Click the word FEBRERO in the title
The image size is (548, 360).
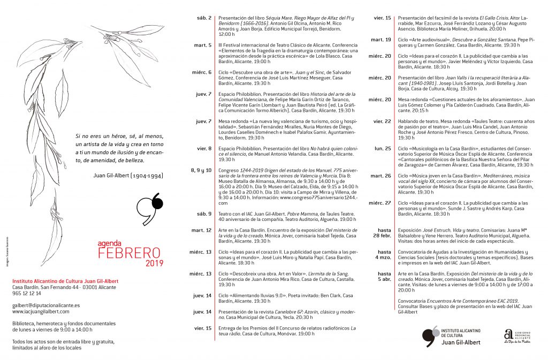click(130, 252)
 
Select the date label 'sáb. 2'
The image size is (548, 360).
click(203, 18)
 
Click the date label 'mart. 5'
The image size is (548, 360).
click(203, 45)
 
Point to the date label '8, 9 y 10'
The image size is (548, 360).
click(201, 170)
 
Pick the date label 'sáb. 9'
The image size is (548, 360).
click(203, 213)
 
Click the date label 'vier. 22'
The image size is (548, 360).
click(382, 121)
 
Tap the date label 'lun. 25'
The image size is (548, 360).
click(383, 148)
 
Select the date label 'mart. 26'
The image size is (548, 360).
click(380, 175)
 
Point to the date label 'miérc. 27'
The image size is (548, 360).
click(379, 203)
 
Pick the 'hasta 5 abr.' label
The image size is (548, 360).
click(384, 276)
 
